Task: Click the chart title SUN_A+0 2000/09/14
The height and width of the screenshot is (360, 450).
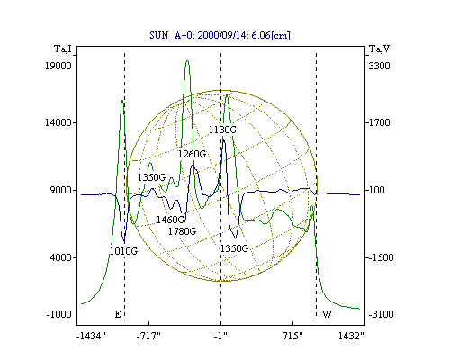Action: coord(220,35)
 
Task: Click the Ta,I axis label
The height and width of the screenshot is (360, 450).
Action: coord(63,49)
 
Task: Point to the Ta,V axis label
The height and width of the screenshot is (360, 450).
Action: coord(379,49)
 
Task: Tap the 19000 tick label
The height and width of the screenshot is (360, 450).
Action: coord(58,66)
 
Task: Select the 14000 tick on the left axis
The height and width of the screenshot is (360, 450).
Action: coord(58,122)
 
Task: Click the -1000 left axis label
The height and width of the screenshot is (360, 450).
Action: coord(59,314)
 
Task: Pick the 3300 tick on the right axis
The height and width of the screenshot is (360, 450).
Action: coord(379,66)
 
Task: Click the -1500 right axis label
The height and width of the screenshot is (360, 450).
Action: coord(381,257)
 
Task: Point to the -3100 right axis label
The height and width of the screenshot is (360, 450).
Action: coord(381,314)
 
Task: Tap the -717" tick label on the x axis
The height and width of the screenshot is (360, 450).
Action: coord(148,336)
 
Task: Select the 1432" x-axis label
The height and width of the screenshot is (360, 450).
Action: coord(351,336)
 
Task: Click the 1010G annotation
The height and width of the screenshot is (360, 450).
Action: coord(123,251)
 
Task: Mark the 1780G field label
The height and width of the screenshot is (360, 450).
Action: coord(182,231)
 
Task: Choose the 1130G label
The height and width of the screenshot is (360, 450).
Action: coord(222,130)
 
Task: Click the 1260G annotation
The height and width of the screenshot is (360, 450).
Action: coord(192,154)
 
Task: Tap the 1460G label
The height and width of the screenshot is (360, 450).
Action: coord(170,220)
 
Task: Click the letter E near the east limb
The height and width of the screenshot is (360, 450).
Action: coord(118,314)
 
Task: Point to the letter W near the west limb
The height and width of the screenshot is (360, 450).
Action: coord(327,314)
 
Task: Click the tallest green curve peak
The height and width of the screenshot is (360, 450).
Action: coord(187,61)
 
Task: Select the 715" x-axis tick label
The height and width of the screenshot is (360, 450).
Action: coord(292,336)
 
